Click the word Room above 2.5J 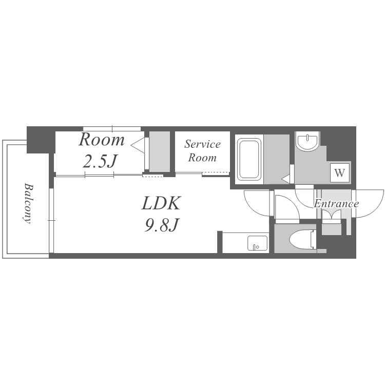[x=102, y=140]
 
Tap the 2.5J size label [x=99, y=161]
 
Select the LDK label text [x=161, y=203]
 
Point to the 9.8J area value [x=161, y=225]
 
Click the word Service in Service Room [x=202, y=144]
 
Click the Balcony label [x=28, y=203]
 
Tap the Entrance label [x=336, y=204]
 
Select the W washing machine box [x=340, y=173]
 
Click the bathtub [x=249, y=159]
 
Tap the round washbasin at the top [x=307, y=141]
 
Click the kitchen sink [x=257, y=243]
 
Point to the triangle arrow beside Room [x=137, y=145]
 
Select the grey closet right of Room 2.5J [x=160, y=152]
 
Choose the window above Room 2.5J [x=112, y=129]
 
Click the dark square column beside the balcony [x=41, y=140]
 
